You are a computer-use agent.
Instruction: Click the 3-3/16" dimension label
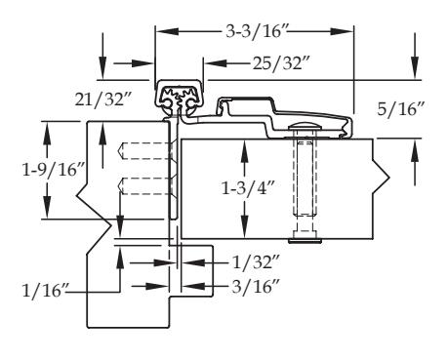coord(256,31)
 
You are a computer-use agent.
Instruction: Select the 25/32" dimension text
coord(281,62)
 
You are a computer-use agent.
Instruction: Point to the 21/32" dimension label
coord(103,99)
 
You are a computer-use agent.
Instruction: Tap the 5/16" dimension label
coord(401,109)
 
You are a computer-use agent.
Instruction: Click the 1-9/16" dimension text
coord(54,170)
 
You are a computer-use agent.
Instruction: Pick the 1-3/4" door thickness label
coord(248,188)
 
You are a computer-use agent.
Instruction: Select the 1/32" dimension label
coord(256,262)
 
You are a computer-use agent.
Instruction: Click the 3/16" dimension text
coord(256,287)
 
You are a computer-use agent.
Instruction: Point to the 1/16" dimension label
coord(46,290)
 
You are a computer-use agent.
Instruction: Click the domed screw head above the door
coord(304,126)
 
